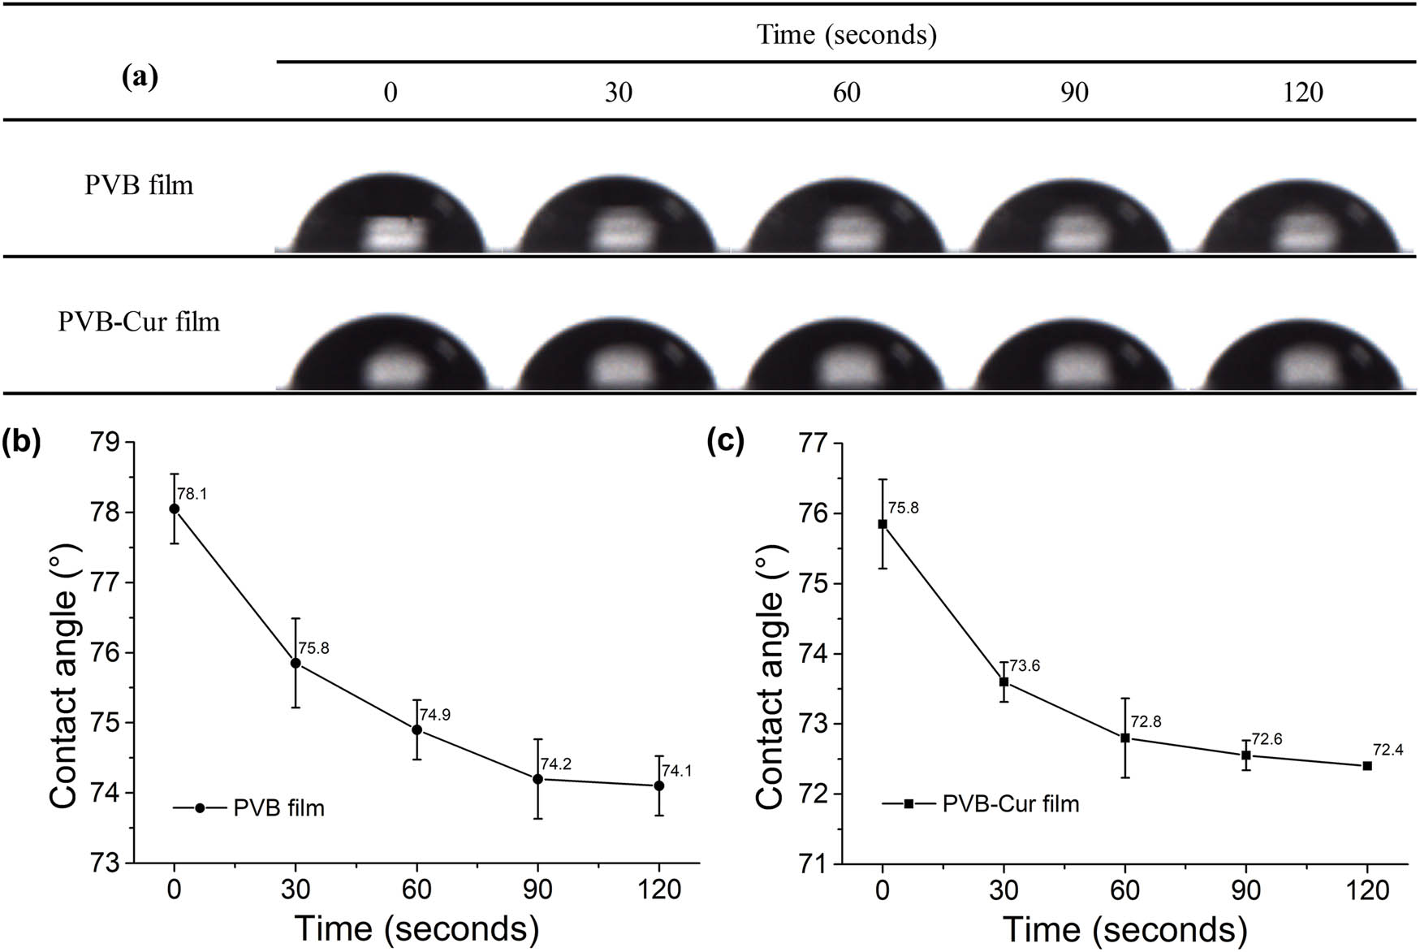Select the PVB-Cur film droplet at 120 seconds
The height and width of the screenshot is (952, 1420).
(x=1302, y=352)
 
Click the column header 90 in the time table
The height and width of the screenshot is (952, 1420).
(x=1073, y=93)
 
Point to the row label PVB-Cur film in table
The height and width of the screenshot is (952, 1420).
(x=139, y=322)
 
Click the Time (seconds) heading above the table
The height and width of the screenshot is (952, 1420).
(x=846, y=35)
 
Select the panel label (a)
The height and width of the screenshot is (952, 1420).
(x=139, y=77)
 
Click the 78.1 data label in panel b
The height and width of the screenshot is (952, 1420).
(x=192, y=494)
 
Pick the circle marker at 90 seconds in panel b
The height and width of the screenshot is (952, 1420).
(x=537, y=779)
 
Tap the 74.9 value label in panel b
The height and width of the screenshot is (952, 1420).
(x=434, y=715)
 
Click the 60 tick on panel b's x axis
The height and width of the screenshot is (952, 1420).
(x=417, y=891)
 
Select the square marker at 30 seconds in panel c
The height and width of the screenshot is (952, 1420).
(x=1003, y=682)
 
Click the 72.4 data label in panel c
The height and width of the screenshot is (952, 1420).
(x=1388, y=750)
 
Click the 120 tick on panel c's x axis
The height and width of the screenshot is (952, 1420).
(x=1367, y=891)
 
